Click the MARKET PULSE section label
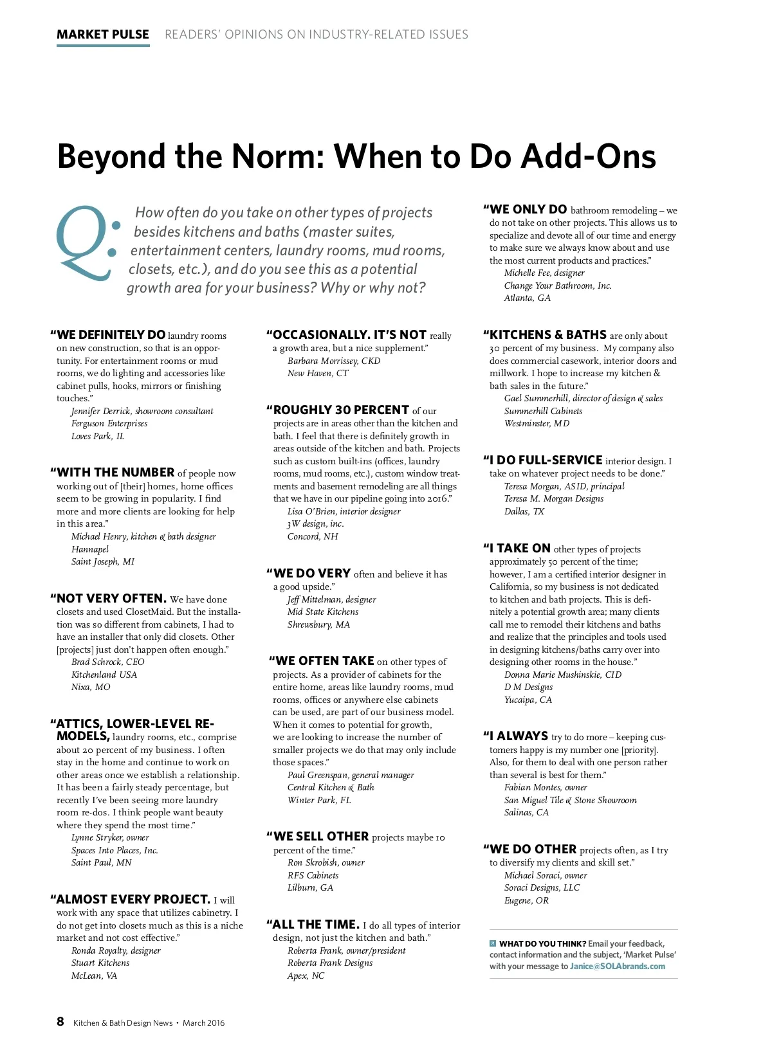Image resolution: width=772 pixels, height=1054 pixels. point(103,35)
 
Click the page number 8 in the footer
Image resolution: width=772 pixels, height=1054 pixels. point(60,1022)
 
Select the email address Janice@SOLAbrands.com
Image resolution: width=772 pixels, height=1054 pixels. point(617,967)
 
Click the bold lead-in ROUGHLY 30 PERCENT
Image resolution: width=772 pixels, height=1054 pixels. point(341,410)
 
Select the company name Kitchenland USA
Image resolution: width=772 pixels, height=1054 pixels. point(104,675)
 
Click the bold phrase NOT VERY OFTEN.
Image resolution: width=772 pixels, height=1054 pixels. point(111,599)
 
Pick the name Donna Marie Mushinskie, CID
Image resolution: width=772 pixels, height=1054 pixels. point(563,675)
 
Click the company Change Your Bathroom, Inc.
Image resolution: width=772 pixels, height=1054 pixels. point(558,286)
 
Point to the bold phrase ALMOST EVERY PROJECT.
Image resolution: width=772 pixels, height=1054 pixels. point(133,900)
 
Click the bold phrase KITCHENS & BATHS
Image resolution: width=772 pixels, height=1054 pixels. point(547,335)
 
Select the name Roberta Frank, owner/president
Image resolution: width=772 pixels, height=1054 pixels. point(346,951)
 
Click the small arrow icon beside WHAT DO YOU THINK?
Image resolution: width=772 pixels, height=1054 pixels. point(493,944)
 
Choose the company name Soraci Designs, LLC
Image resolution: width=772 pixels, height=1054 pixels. point(542,888)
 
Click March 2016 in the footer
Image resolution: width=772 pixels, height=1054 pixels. point(203,1023)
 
